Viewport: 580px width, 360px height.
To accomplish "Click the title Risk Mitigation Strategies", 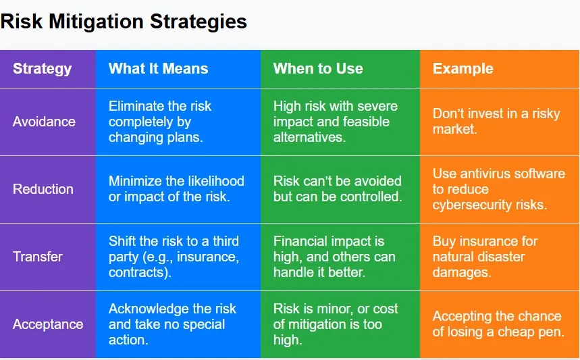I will (124, 22).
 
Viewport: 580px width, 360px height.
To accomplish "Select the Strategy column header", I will (42, 68).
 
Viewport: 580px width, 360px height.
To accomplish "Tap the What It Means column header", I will (158, 68).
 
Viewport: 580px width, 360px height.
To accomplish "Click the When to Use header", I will (318, 68).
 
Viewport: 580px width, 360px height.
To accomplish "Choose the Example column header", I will (463, 68).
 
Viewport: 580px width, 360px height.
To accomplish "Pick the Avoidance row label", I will (44, 122).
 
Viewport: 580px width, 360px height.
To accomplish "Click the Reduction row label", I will (43, 189).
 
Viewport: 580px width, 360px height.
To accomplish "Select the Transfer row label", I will (38, 257).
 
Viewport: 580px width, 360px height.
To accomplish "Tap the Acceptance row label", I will (48, 324).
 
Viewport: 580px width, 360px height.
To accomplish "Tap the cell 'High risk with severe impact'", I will (336, 122).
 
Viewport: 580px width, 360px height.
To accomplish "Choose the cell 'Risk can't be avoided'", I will (337, 189).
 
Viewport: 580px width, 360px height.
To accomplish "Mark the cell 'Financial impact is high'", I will (334, 257).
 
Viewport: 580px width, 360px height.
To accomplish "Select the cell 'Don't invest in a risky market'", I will (496, 122).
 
